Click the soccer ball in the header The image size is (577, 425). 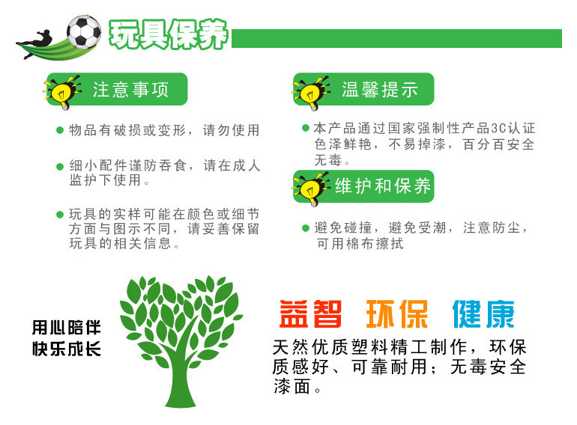[83, 31]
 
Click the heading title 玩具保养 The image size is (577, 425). [168, 35]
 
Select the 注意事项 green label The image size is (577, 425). [130, 90]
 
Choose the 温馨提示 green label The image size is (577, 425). [379, 90]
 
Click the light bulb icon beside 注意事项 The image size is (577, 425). [61, 91]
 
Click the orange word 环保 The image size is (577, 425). [396, 315]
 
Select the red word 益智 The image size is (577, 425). [310, 315]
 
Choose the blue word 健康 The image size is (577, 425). [483, 315]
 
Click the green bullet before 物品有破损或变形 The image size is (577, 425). [60, 130]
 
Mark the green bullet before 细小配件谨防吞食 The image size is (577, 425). [60, 166]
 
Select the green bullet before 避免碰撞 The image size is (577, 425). [306, 228]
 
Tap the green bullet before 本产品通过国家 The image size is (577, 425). [306, 129]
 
